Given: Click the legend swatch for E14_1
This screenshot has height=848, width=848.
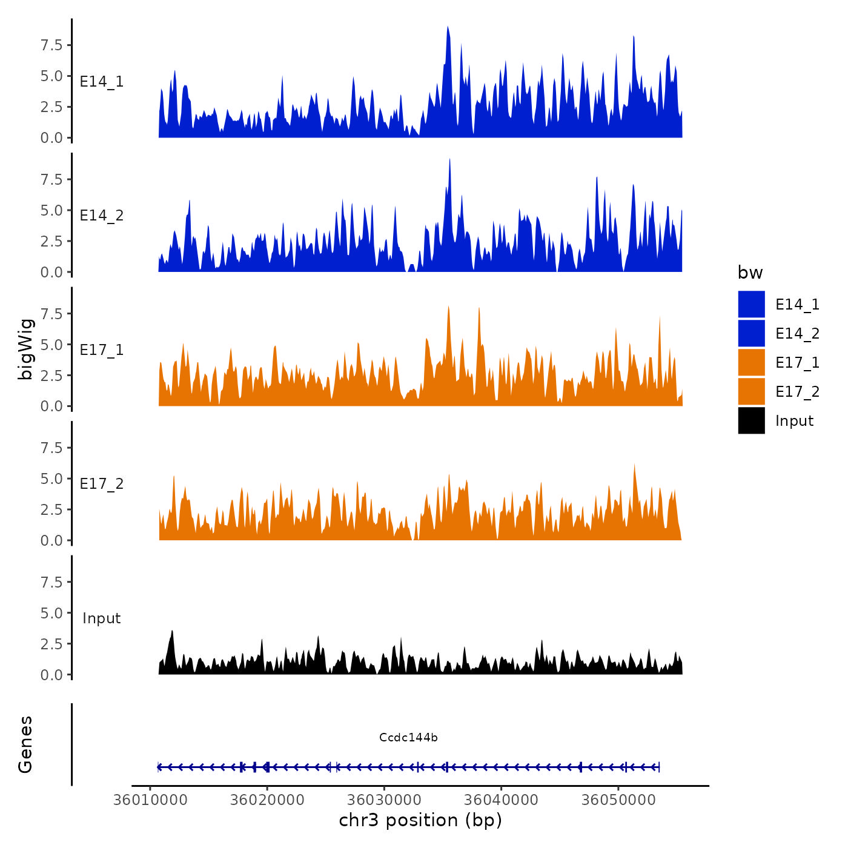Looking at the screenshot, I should pos(751,304).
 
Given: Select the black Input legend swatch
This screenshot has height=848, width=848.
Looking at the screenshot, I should pos(751,420).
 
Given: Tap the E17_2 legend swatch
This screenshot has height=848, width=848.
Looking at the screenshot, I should pos(751,391).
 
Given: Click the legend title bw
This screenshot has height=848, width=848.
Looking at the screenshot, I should pos(750,273).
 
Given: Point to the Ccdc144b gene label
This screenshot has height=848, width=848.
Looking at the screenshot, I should pos(408,737).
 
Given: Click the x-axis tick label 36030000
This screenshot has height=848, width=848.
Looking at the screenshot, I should pos(384,800).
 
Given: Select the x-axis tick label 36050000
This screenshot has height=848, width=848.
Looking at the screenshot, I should pos(618,800).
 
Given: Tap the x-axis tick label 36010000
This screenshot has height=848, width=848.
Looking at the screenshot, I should pos(150,800).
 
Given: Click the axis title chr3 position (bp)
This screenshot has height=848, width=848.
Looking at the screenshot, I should pos(420,820).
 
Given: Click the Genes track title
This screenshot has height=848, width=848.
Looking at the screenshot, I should pos(25,744).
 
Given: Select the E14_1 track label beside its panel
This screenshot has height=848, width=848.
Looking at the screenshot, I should pos(102,81).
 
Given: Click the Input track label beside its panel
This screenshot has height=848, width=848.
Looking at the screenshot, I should pos(102,618).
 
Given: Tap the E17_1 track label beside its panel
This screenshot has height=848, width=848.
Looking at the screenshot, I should pos(102,350).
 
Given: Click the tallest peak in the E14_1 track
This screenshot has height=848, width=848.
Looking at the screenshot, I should pos(448,28).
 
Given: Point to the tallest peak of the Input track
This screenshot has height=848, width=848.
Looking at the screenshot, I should pos(173,631).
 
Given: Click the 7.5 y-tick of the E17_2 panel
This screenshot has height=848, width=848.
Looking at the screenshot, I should pos(51,448).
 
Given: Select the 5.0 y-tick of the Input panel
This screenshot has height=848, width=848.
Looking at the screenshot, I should pos(51,613).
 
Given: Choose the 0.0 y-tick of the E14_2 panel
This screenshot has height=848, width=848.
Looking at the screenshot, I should pos(51,272).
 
